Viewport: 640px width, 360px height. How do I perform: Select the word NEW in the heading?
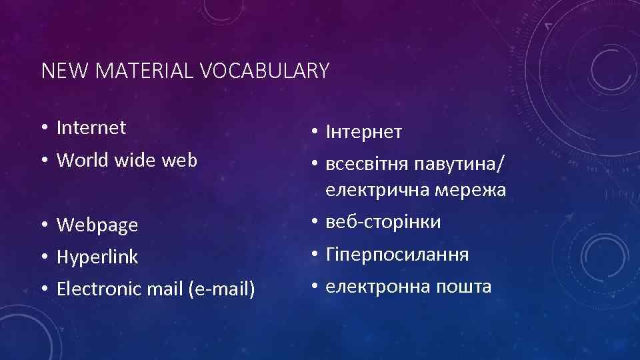[59, 71]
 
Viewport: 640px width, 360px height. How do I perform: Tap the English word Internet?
[91, 127]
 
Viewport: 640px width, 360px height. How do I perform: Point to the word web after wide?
[179, 160]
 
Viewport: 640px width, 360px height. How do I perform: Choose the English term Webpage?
[97, 225]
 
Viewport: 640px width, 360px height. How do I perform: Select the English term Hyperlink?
[97, 257]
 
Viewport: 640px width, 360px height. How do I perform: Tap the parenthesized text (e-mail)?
[222, 289]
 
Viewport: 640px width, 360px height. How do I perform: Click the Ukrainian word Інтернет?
[364, 132]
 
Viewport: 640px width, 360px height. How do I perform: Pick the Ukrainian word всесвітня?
[367, 163]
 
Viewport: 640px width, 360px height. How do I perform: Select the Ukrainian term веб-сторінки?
[383, 222]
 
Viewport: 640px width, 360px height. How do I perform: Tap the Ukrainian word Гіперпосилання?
[397, 254]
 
